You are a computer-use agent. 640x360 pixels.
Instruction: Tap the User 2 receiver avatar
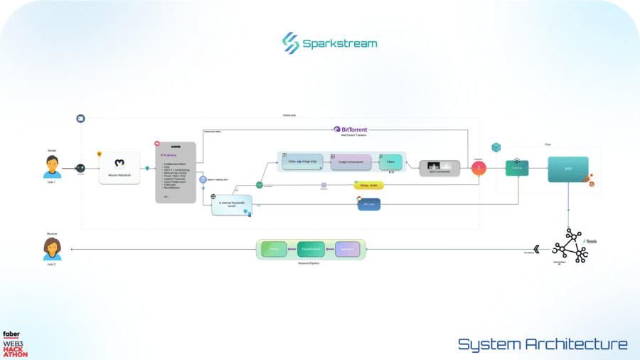click(52, 248)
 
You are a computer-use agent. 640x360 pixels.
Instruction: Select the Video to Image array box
click(302, 163)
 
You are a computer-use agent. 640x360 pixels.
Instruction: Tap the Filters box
click(390, 162)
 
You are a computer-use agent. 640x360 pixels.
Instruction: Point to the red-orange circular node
click(479, 169)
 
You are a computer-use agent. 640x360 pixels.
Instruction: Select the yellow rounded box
click(368, 185)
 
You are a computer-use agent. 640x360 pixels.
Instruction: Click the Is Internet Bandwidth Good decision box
click(233, 204)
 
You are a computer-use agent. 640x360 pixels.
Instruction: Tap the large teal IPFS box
click(567, 170)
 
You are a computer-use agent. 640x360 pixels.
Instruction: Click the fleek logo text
click(590, 242)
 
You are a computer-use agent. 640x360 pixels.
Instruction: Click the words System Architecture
click(543, 344)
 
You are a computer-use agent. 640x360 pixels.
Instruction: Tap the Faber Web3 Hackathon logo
click(15, 344)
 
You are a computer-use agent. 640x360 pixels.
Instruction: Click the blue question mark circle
click(203, 180)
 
